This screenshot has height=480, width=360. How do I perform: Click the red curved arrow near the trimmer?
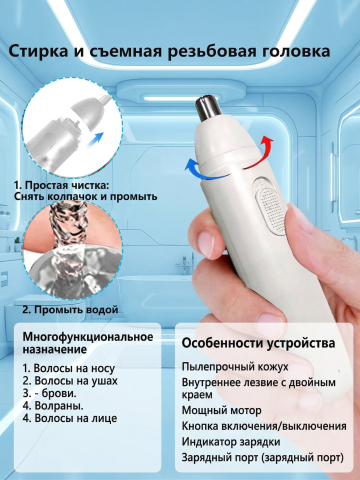click(262, 152)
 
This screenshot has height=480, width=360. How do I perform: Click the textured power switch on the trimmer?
click(271, 211)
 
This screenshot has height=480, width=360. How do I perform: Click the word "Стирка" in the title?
click(37, 52)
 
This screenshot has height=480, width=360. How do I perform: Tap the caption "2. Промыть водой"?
click(70, 310)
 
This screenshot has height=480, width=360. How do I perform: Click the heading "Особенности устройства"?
click(258, 344)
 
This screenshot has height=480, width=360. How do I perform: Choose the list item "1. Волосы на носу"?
click(69, 368)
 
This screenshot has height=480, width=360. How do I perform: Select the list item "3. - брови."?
click(50, 393)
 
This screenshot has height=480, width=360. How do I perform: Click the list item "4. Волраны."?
click(53, 406)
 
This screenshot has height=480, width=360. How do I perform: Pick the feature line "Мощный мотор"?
click(221, 410)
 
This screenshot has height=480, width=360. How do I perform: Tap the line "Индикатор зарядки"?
click(231, 442)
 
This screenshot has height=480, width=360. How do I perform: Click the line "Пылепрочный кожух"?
click(235, 367)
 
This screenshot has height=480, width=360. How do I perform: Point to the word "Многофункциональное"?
click(88, 337)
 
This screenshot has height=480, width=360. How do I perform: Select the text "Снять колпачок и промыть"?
click(86, 196)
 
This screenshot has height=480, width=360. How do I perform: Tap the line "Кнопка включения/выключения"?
click(264, 426)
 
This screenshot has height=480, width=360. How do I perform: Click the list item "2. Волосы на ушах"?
click(70, 381)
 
